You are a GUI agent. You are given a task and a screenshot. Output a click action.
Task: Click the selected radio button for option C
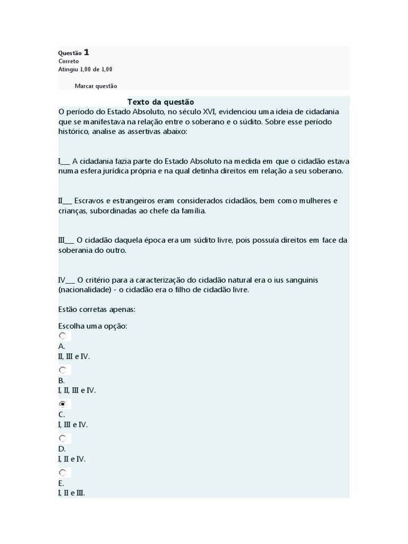pyautogui.click(x=63, y=404)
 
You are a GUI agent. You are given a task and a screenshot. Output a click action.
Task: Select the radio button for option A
pyautogui.click(x=63, y=336)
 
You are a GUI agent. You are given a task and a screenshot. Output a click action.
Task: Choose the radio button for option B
pyautogui.click(x=63, y=370)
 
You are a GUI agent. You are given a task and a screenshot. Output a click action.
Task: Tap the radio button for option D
pyautogui.click(x=63, y=438)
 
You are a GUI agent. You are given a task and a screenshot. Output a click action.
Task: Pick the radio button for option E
pyautogui.click(x=63, y=472)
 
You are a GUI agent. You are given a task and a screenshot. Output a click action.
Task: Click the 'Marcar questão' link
pyautogui.click(x=96, y=86)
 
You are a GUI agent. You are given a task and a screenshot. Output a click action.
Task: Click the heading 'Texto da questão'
pyautogui.click(x=161, y=102)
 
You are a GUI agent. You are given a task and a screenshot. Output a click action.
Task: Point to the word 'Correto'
pyautogui.click(x=69, y=61)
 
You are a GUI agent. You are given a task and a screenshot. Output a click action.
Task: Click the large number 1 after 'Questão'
pyautogui.click(x=87, y=52)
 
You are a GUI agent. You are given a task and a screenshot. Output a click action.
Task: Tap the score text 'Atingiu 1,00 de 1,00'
pyautogui.click(x=85, y=69)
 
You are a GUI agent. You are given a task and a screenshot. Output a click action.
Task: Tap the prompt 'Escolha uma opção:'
pyautogui.click(x=92, y=326)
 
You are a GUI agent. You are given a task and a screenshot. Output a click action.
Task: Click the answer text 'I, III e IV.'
pyautogui.click(x=73, y=424)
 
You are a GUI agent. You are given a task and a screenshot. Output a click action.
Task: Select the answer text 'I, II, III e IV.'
pyautogui.click(x=77, y=390)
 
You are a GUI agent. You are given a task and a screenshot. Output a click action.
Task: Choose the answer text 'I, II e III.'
pyautogui.click(x=72, y=493)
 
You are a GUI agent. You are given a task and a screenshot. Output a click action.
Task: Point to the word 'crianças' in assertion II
pyautogui.click(x=72, y=211)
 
